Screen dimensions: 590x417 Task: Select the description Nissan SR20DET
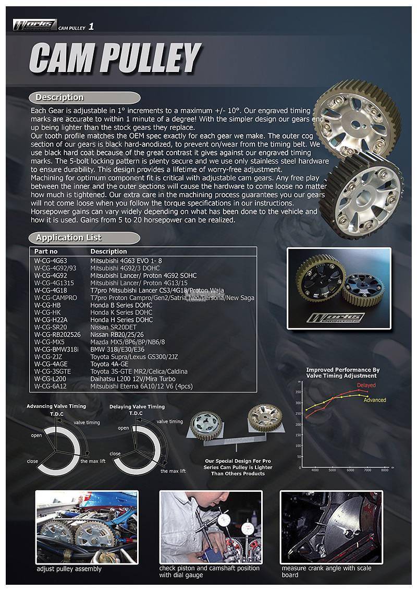[x=113, y=327]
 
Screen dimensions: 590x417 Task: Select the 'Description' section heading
[x=59, y=98]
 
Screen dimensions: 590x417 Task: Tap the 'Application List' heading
[x=69, y=238]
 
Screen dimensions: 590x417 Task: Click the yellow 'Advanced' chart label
[x=374, y=400]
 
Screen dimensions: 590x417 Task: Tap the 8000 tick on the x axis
[x=385, y=470]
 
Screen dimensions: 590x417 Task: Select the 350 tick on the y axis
[x=298, y=392]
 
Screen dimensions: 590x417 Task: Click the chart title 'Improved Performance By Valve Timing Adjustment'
[x=341, y=372]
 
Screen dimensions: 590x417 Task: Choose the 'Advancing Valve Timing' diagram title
[x=56, y=406]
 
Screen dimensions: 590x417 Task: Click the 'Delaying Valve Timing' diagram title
[x=137, y=406]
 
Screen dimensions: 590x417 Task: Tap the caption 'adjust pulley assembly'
[x=69, y=568]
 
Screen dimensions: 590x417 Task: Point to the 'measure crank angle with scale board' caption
[x=326, y=571]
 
